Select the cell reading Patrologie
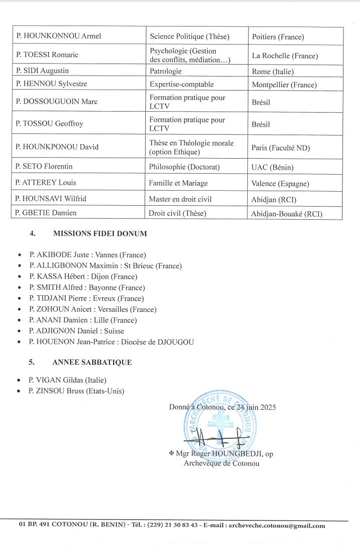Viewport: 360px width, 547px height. [x=165, y=71]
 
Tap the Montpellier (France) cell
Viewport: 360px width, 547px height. [x=284, y=85]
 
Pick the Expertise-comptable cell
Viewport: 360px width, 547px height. [x=181, y=84]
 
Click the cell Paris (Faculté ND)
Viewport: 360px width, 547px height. [x=281, y=147]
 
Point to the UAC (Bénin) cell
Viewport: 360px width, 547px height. [x=272, y=167]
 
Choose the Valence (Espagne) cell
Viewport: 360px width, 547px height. [x=280, y=183]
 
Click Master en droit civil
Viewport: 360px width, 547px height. [x=180, y=199]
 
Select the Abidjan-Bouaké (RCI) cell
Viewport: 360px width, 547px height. [x=287, y=214]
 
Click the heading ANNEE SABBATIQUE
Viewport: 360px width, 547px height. [x=92, y=362]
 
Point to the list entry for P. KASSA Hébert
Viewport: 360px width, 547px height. [x=83, y=276]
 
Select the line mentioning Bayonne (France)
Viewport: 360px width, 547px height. [x=87, y=287]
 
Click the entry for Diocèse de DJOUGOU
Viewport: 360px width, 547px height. [x=111, y=342]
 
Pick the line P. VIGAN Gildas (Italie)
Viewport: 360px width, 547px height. [x=68, y=380]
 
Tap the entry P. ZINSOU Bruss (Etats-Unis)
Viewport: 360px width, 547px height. [x=77, y=391]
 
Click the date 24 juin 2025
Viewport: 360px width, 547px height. [x=256, y=407]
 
